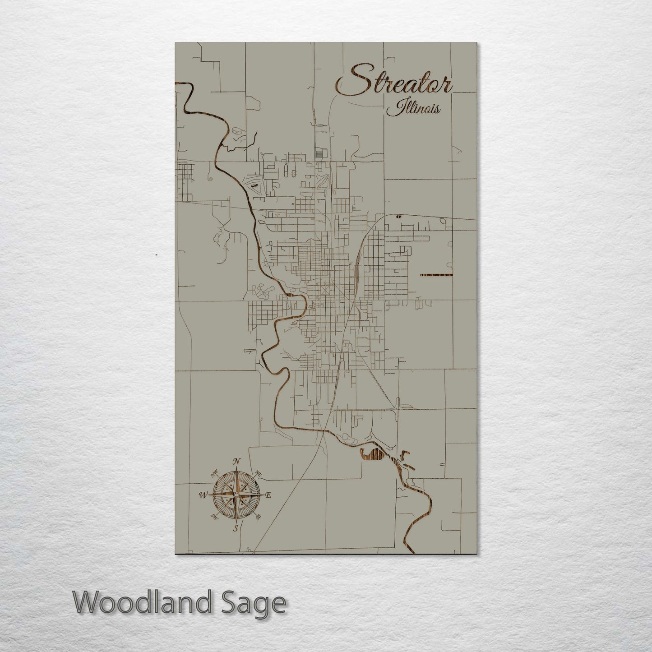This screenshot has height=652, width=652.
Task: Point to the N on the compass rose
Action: (236, 461)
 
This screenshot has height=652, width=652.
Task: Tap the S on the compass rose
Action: (236, 529)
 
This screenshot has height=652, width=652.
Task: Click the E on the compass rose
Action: (268, 495)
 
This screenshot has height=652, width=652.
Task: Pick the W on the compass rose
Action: (202, 495)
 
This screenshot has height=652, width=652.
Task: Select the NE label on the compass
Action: (259, 473)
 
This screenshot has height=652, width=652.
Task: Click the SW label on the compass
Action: (215, 518)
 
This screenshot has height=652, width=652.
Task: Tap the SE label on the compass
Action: (258, 518)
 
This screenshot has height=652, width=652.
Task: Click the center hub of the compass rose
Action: (236, 495)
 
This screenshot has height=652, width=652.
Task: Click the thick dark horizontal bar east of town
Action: (436, 275)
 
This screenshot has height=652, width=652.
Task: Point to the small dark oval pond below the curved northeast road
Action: (398, 217)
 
